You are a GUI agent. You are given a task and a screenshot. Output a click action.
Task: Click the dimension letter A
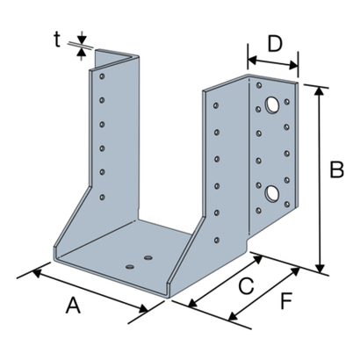coord(73,305)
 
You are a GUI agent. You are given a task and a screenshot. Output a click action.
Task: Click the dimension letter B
coord(336,169)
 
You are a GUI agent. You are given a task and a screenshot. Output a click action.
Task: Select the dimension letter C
coord(246,285)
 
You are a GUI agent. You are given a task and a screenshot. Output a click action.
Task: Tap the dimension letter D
coord(275,44)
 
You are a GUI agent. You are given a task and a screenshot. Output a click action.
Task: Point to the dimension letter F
coord(286,301)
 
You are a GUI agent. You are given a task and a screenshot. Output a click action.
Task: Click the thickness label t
coord(57,40)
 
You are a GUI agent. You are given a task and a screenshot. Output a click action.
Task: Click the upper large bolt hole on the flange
coord(272,104)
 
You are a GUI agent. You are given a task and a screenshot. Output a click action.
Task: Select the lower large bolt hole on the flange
coord(272,194)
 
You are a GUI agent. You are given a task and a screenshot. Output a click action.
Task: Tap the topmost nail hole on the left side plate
coord(102,76)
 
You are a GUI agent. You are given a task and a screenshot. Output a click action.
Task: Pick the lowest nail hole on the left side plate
coord(102,198)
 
